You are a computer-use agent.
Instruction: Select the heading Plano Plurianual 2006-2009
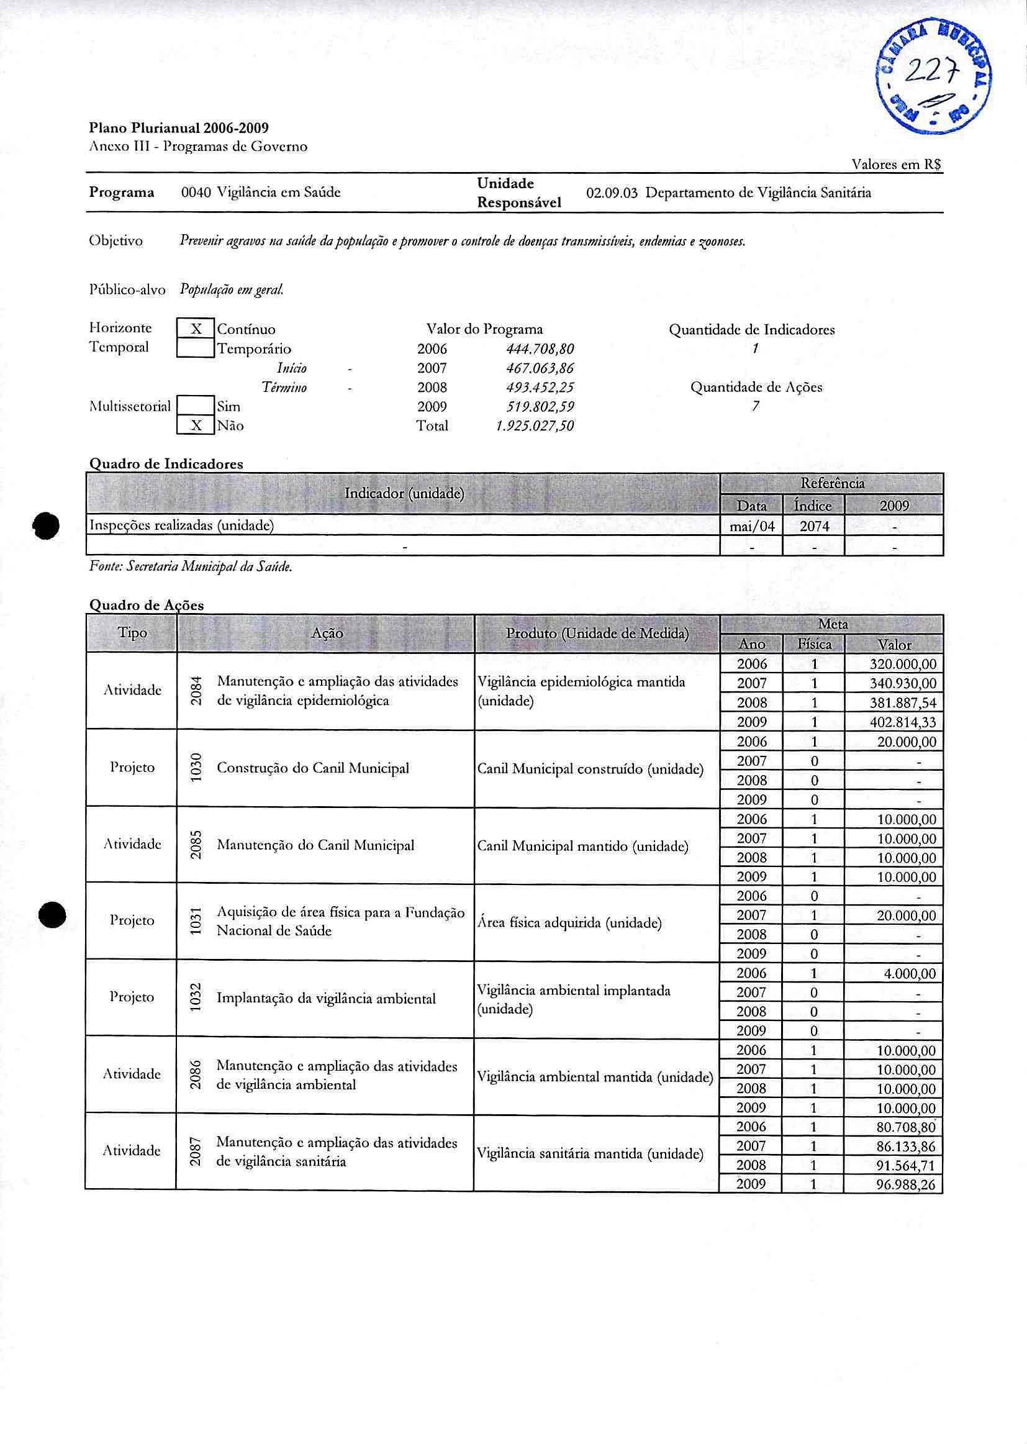179,129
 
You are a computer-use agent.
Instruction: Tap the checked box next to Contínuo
196,329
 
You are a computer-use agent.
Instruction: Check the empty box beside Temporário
196,348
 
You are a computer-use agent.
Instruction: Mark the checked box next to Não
196,425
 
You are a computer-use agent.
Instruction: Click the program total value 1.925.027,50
535,425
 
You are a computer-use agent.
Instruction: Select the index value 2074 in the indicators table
814,525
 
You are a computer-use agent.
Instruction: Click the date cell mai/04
752,525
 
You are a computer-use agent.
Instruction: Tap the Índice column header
813,506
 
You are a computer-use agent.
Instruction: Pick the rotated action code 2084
197,691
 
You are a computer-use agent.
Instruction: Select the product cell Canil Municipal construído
590,769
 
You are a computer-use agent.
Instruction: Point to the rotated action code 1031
197,921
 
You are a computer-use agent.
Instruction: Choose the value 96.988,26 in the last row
905,1184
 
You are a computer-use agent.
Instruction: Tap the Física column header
814,644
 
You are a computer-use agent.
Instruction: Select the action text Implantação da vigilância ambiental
327,998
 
